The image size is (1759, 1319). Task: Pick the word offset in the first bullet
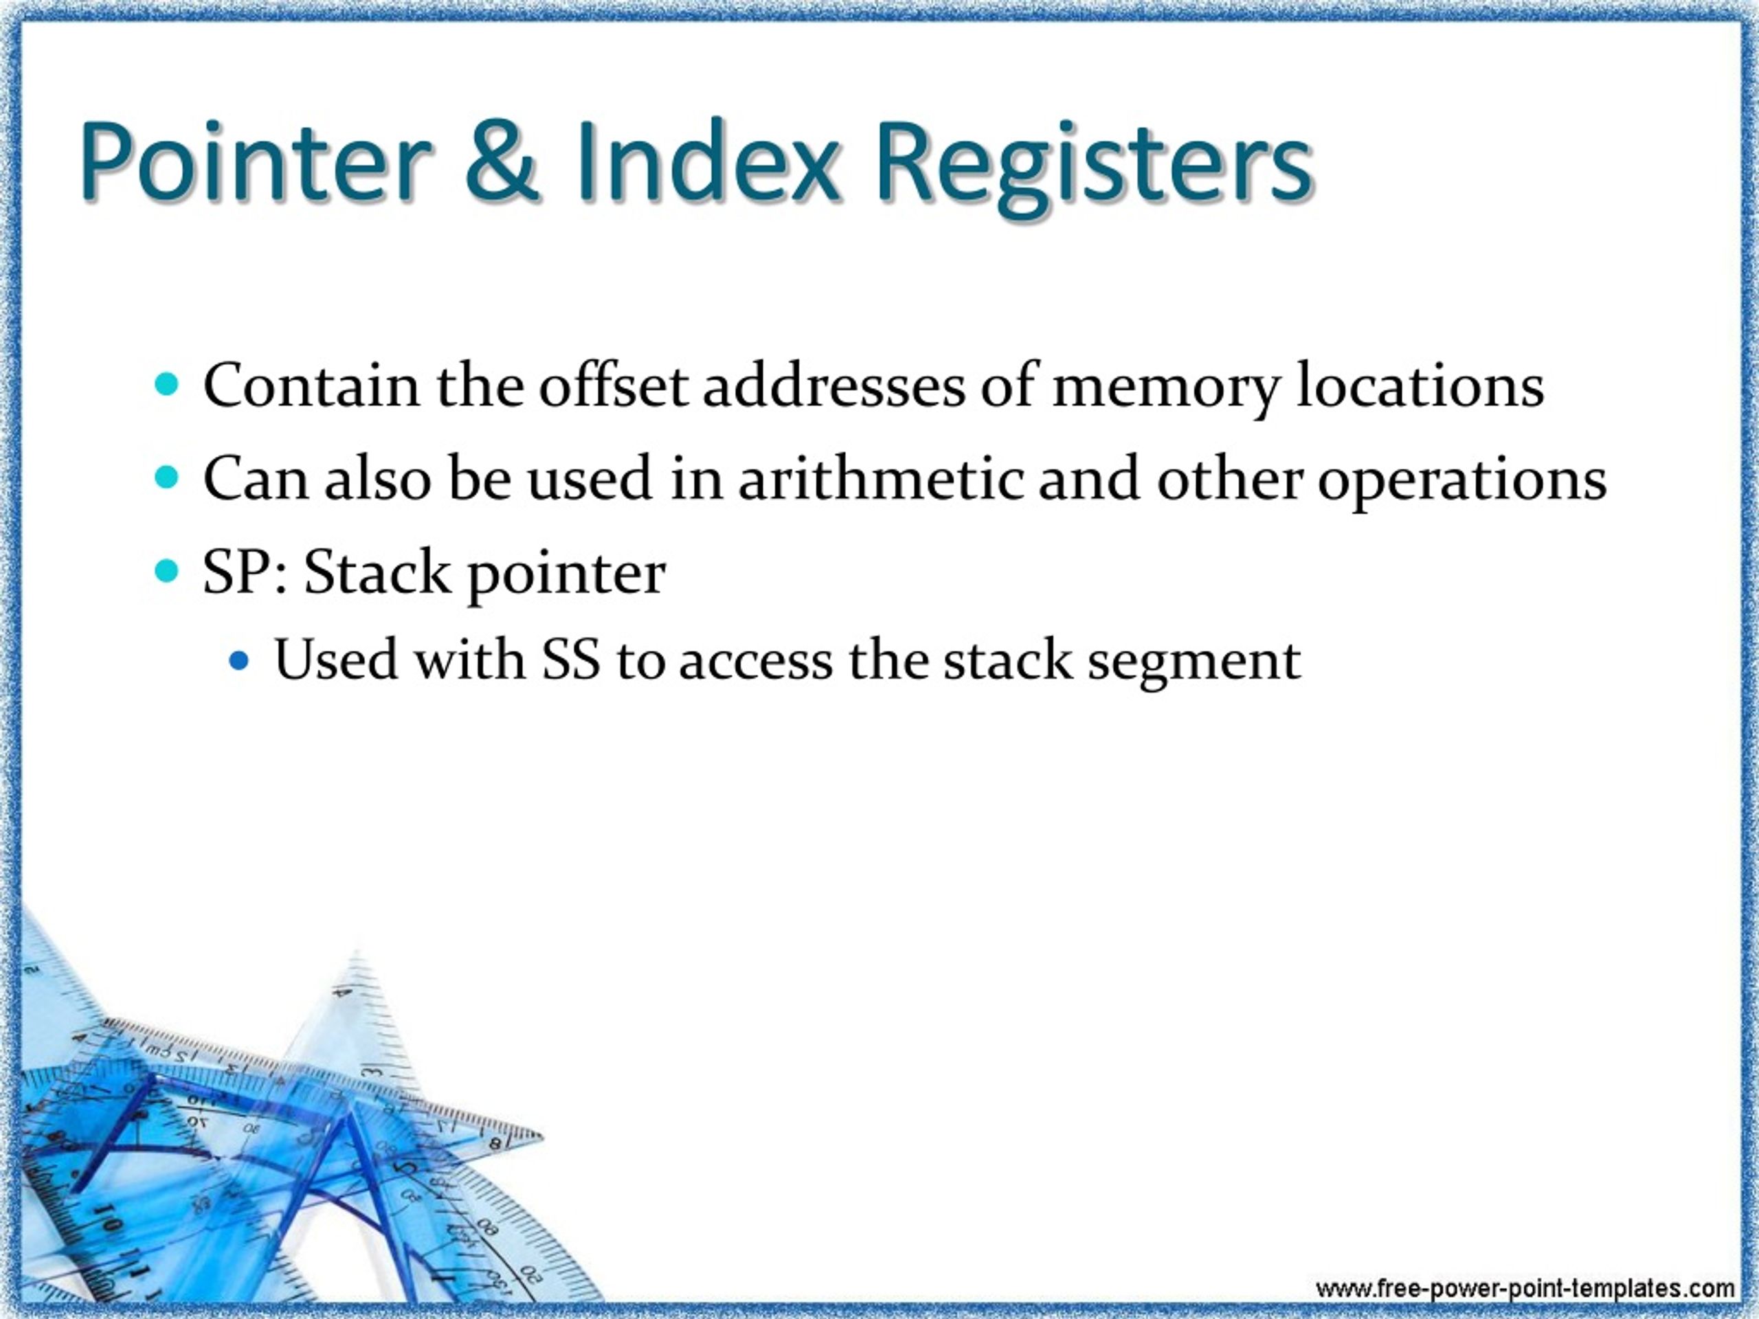pos(612,386)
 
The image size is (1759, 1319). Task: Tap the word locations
pos(1420,386)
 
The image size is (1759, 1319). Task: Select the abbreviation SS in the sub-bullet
pos(570,661)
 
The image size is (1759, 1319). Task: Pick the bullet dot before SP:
pos(166,572)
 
